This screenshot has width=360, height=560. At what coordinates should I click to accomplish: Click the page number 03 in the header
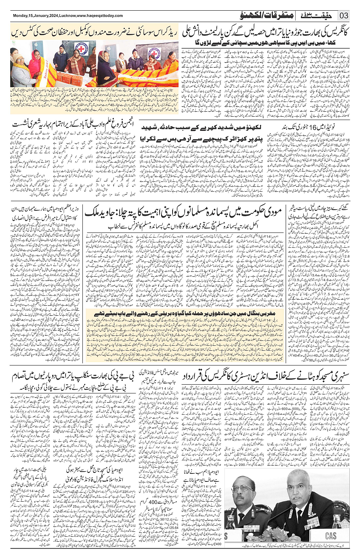[x=344, y=16]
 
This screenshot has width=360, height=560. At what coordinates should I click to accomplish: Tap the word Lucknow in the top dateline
[x=66, y=16]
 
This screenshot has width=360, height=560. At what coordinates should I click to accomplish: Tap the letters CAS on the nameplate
[x=331, y=536]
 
